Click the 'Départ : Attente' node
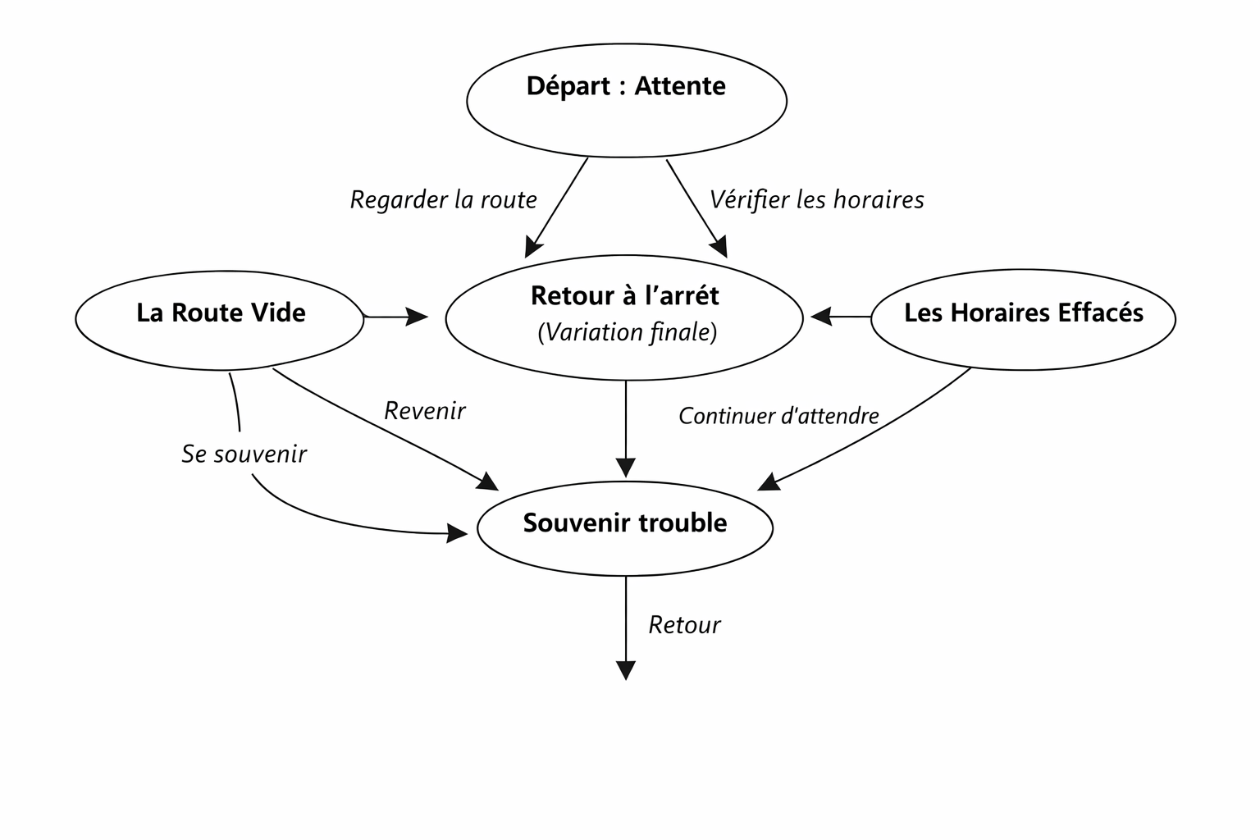pos(626,101)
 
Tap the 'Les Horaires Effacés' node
pos(1022,318)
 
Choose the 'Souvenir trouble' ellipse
pos(625,527)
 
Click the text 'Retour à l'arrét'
pos(624,296)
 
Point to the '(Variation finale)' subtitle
pos(627,332)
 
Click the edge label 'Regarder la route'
pos(443,199)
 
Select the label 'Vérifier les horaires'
pos(816,199)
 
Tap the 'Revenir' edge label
pos(424,410)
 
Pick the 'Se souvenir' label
pos(244,454)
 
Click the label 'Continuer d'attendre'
pos(778,416)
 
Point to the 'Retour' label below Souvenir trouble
pos(683,625)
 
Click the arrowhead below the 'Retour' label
pos(625,670)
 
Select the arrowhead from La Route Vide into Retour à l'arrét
pos(418,316)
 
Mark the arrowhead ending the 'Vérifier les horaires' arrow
pos(719,248)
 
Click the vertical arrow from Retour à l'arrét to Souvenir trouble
pos(625,427)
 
